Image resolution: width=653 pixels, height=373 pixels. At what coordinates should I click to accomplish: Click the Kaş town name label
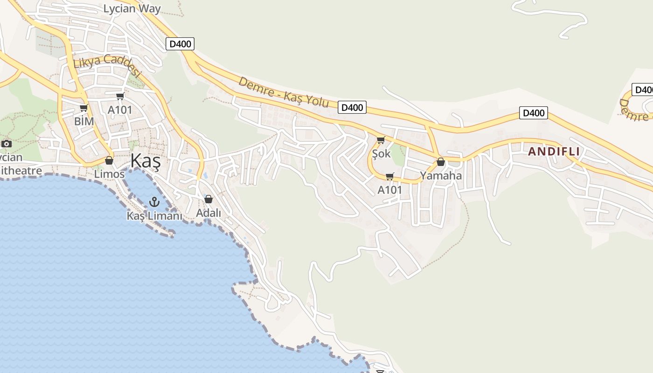(146, 161)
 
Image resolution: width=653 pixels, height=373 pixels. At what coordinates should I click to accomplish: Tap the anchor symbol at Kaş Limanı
(154, 202)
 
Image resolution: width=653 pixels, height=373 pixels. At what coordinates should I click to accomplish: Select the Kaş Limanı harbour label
(154, 216)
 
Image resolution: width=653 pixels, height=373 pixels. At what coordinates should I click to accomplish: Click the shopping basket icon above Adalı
(208, 199)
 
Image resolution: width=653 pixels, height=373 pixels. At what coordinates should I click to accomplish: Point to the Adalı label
(208, 213)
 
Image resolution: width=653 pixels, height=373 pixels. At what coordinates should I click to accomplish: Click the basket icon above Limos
(109, 160)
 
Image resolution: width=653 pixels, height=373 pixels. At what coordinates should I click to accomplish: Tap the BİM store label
(84, 121)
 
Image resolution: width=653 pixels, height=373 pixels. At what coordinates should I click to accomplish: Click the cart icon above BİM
(83, 108)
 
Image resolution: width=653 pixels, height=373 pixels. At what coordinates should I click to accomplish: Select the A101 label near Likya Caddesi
(120, 110)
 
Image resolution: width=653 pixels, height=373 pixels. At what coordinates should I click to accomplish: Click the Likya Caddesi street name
(107, 65)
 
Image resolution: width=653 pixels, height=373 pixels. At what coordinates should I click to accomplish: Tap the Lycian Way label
(132, 8)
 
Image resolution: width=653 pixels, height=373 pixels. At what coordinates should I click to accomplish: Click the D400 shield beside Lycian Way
(180, 44)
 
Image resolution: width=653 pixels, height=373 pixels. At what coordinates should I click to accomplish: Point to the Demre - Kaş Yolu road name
(284, 92)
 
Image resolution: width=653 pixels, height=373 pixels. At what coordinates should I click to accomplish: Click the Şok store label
(381, 153)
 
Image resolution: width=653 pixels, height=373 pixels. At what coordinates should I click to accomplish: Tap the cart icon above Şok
(381, 140)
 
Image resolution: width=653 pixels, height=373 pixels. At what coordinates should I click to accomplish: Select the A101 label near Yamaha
(389, 190)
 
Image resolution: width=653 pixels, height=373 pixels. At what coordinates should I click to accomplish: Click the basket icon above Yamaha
(440, 162)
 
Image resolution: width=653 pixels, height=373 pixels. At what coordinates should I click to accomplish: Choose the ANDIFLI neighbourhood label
(554, 152)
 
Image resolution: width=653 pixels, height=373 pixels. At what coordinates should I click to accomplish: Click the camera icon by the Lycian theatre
(7, 144)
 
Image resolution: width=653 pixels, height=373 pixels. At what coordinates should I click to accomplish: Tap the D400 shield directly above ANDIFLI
(533, 113)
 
